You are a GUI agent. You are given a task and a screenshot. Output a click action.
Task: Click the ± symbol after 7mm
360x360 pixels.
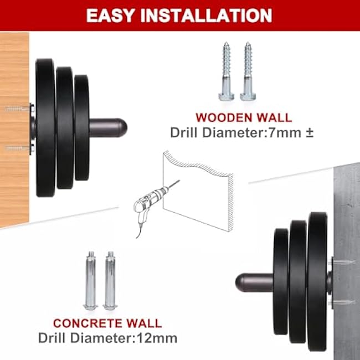(309, 133)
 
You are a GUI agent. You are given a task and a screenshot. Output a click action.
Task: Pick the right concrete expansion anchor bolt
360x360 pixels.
(110, 281)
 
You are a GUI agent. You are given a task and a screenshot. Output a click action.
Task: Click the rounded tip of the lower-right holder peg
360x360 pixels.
(240, 282)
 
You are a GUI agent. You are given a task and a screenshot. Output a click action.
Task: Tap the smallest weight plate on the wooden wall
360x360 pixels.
(82, 127)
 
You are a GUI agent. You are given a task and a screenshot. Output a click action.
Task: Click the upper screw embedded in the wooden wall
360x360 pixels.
(17, 109)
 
